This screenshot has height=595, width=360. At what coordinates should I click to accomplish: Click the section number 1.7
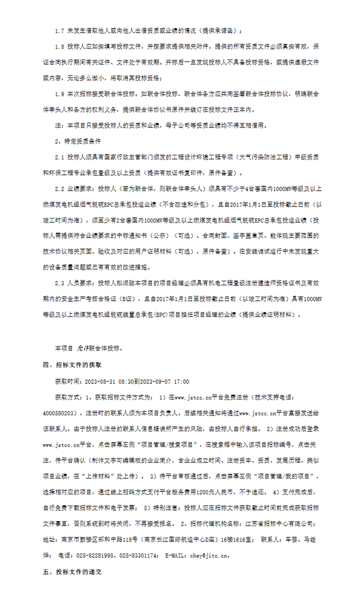(61, 30)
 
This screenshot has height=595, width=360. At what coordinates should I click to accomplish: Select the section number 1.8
(61, 46)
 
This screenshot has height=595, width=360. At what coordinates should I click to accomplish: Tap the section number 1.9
(61, 94)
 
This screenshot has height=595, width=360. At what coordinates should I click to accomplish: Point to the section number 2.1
(61, 158)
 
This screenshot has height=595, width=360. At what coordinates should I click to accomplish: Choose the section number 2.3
(61, 283)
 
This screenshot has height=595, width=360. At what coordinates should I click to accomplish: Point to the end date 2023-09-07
(155, 381)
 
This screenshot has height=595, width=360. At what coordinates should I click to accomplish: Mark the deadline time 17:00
(181, 381)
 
